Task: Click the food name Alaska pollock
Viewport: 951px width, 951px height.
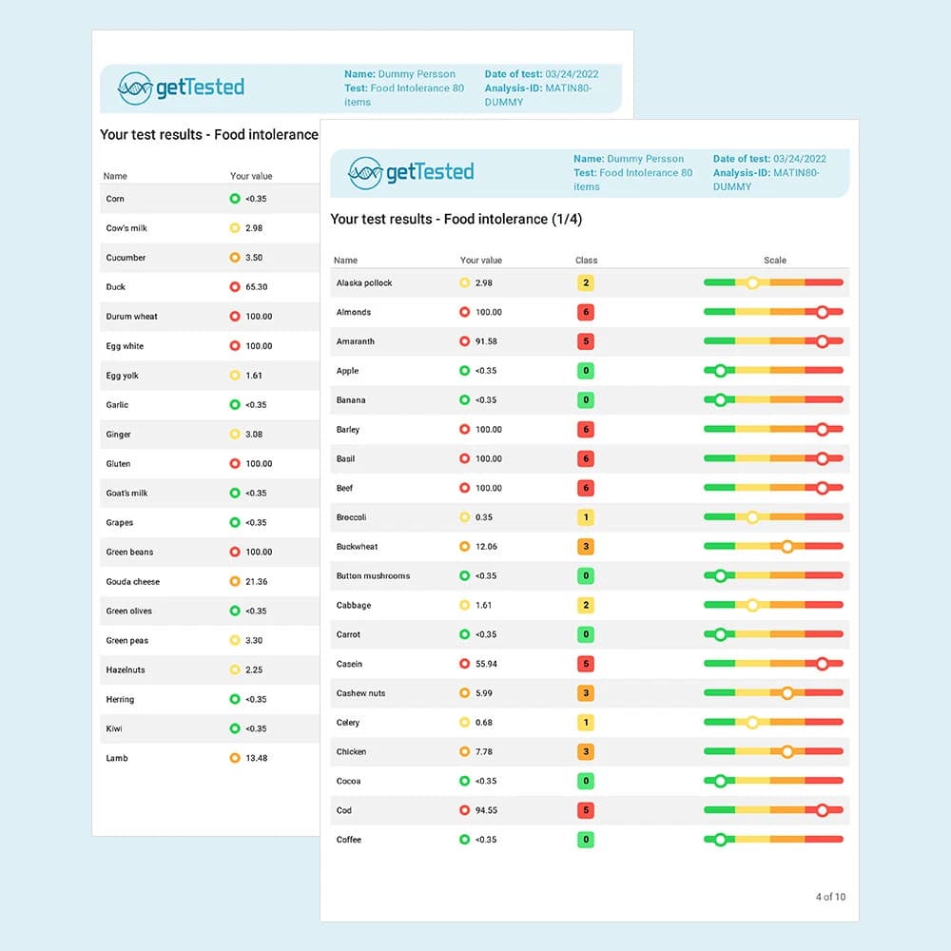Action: [x=364, y=283]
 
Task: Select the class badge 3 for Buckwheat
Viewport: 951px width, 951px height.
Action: [x=586, y=547]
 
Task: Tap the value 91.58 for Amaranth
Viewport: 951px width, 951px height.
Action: [x=488, y=341]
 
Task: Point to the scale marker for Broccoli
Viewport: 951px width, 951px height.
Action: [x=752, y=517]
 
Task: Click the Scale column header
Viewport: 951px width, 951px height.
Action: [x=775, y=261]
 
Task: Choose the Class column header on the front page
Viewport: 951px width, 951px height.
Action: [x=586, y=261]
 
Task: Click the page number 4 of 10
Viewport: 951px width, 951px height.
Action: [x=829, y=897]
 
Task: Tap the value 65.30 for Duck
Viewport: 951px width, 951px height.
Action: [x=256, y=287]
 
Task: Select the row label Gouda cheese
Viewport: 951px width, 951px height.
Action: [x=133, y=582]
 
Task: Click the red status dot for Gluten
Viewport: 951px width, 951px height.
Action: [x=235, y=464]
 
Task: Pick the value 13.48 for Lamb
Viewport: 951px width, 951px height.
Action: [x=256, y=759]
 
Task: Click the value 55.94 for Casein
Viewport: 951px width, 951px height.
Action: [x=488, y=664]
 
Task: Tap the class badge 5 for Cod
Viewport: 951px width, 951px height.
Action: [x=586, y=811]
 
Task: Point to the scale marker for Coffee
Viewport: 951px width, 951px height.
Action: [x=720, y=840]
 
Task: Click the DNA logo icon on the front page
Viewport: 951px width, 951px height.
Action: [x=365, y=172]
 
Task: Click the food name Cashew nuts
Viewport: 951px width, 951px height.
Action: [x=361, y=693]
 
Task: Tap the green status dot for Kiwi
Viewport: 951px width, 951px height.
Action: [x=235, y=729]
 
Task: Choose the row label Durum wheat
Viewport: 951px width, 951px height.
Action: [x=132, y=317]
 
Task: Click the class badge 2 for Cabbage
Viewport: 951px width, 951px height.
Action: [x=586, y=606]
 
